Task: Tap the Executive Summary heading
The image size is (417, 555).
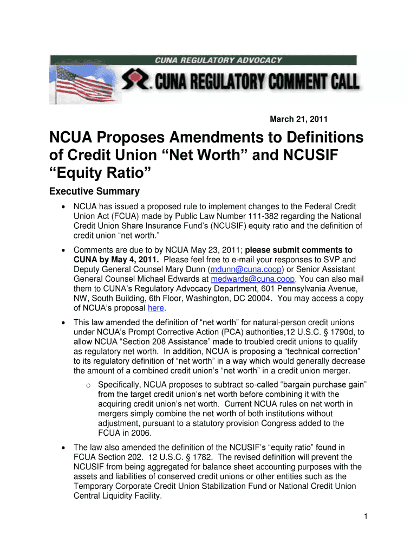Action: coord(94,191)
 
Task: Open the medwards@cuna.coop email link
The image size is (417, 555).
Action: coord(252,279)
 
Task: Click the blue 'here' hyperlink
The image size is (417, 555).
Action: coord(156,308)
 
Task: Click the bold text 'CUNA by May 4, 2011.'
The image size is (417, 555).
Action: coord(115,260)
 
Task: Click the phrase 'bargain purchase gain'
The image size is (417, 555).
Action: coord(323,384)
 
